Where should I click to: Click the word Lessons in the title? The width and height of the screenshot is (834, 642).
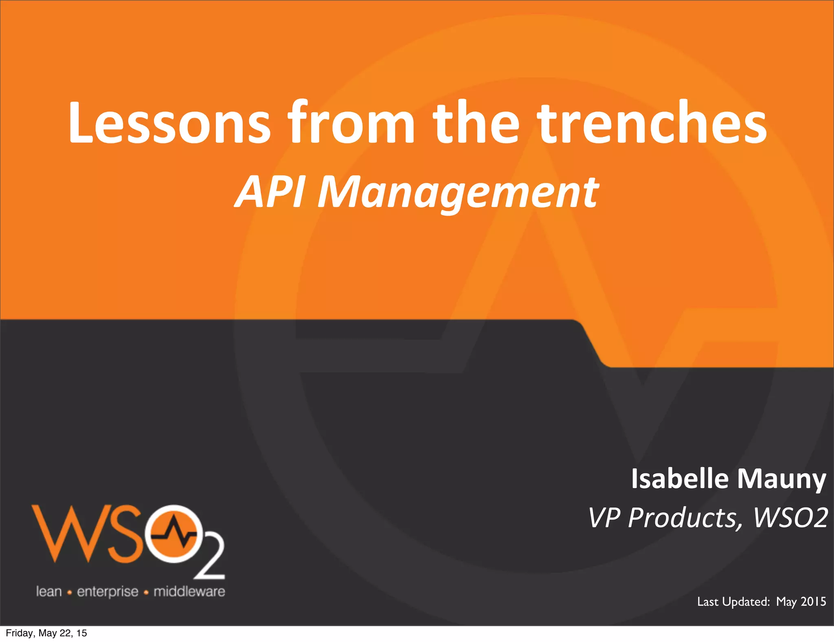pyautogui.click(x=169, y=122)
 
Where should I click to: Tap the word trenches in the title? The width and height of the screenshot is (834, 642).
pyautogui.click(x=652, y=122)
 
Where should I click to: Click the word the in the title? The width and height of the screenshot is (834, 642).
pyautogui.click(x=476, y=122)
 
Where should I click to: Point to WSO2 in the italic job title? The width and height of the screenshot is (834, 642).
pyautogui.click(x=790, y=518)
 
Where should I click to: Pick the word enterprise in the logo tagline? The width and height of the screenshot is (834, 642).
pyautogui.click(x=108, y=591)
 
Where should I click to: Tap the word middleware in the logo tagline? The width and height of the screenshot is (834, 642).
pyautogui.click(x=189, y=591)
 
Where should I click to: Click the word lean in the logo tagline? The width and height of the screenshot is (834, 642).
pyautogui.click(x=49, y=591)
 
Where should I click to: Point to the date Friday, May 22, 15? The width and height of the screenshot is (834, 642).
pyautogui.click(x=46, y=633)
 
